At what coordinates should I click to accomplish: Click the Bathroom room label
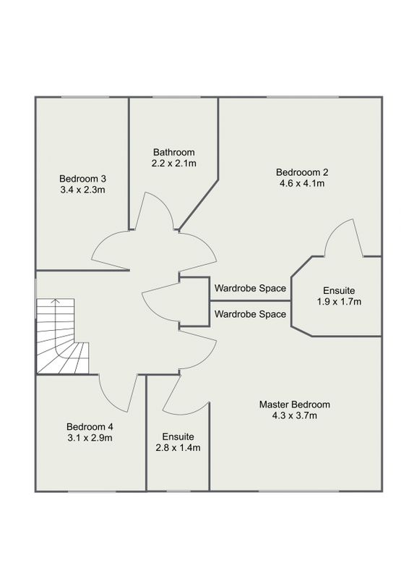coord(173,152)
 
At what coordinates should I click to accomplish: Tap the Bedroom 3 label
coord(82,179)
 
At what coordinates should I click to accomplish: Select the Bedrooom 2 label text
coord(302,172)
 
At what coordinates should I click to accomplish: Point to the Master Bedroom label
coord(294,405)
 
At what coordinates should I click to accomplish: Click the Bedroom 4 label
coord(90,427)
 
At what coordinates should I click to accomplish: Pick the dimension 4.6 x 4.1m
coord(302,183)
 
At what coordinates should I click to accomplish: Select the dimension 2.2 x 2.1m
coord(173,164)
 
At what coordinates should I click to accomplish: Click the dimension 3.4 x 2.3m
coord(82,190)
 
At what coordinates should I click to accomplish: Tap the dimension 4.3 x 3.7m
coord(294,415)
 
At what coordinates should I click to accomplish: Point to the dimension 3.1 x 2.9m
coord(90,438)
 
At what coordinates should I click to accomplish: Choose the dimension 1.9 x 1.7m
coord(339,302)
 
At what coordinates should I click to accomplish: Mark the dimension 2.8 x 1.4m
coord(178,448)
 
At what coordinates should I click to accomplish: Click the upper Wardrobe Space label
coord(251,288)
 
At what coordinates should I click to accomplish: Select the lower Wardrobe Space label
coord(251,314)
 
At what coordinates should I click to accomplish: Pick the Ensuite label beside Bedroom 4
coord(178,437)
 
